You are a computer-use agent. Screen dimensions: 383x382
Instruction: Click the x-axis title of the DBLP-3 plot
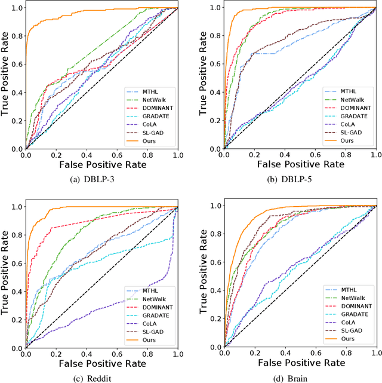tap(101, 163)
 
